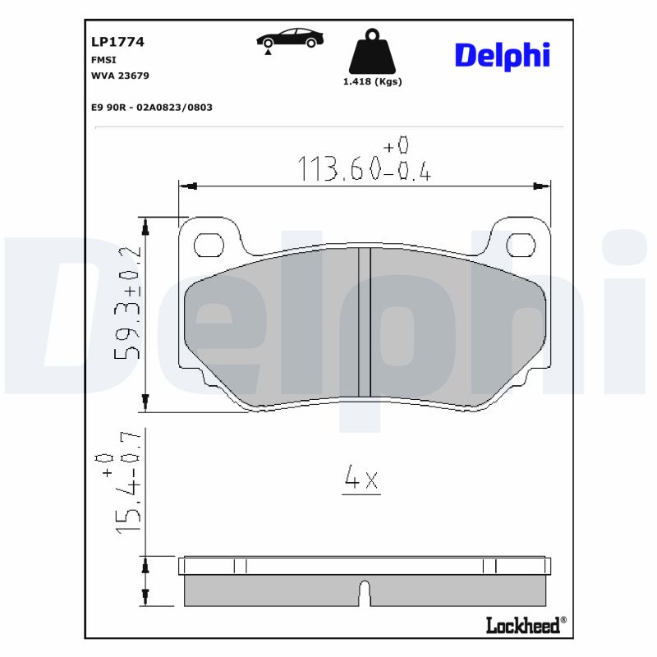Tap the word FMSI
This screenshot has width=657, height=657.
point(103,60)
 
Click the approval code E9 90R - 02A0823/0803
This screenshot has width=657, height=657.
point(152,108)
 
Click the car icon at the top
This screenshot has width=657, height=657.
point(288,37)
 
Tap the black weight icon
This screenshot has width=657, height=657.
point(372,53)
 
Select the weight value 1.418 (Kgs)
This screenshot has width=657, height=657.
point(372,81)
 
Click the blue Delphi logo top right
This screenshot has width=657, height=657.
point(502,55)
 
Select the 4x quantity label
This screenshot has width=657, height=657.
point(361,479)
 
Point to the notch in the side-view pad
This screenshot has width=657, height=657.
point(365,590)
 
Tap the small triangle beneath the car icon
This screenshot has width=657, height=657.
point(269,52)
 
